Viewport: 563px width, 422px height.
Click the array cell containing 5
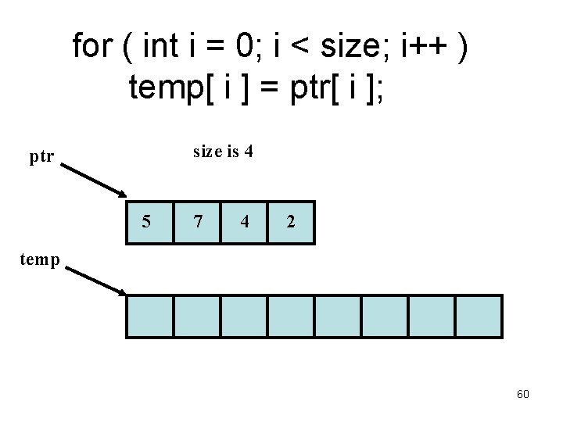[x=149, y=222]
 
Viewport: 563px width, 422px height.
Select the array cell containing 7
[x=197, y=222]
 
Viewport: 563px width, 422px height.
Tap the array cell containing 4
[x=244, y=222]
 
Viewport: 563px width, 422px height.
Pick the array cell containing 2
[x=291, y=222]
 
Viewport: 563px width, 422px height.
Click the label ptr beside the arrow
[x=41, y=157]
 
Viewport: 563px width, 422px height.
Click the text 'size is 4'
[x=223, y=152]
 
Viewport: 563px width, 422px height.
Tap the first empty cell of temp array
[x=149, y=316]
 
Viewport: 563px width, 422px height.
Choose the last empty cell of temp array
[x=477, y=316]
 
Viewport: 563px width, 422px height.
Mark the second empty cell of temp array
[x=197, y=316]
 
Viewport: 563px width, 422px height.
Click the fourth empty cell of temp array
[x=291, y=316]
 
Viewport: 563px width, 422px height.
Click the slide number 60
[x=523, y=394]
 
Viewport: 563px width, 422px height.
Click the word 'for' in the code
[x=91, y=47]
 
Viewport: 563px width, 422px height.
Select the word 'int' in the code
[x=162, y=47]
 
